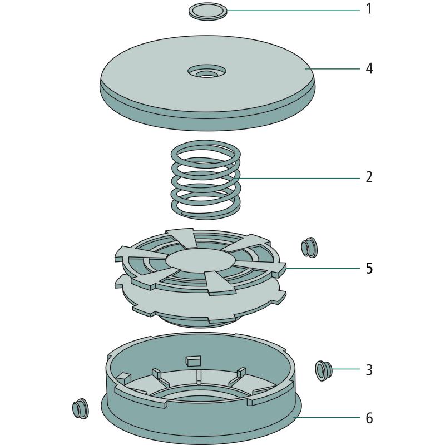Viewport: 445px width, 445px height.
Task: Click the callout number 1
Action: coord(369,8)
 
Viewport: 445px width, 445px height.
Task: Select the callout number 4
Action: coord(369,68)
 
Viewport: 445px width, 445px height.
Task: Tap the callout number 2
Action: coord(369,177)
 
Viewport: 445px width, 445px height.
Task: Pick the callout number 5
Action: coord(369,268)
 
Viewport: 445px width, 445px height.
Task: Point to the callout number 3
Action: coord(369,370)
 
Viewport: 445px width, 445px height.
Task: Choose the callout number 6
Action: coord(369,418)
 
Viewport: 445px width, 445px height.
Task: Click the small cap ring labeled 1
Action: coord(208,12)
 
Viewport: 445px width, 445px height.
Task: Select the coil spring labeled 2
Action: coord(206,179)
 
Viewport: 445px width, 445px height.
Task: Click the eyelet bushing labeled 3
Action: coord(324,370)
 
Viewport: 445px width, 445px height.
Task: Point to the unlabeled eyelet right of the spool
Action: coord(309,247)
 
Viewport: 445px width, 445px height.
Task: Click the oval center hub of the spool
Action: coord(200,260)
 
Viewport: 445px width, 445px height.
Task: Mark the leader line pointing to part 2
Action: coord(300,178)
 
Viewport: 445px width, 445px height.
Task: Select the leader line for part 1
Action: coord(294,11)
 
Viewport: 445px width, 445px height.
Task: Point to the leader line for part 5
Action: coord(323,268)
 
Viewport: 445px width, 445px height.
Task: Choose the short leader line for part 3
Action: coord(346,369)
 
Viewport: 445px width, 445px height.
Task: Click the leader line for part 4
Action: coord(333,68)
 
